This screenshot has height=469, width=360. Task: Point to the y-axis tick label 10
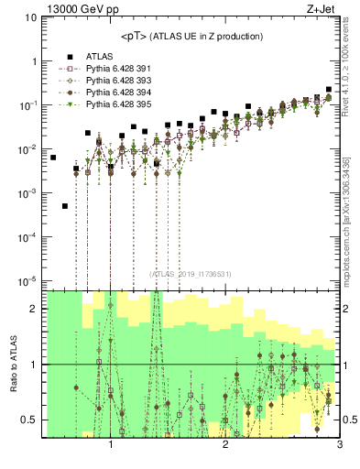click(x=30, y=17)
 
